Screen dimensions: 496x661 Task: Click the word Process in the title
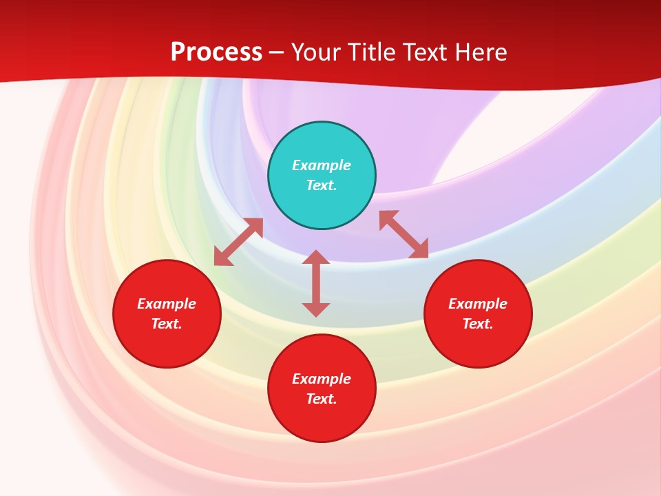tap(216, 52)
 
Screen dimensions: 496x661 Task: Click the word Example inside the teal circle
tap(322, 165)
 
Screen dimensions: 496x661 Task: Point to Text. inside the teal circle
tap(322, 185)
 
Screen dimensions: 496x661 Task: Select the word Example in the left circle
tap(167, 304)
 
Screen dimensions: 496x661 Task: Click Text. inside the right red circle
tap(478, 324)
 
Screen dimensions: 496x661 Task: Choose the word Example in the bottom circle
tap(322, 379)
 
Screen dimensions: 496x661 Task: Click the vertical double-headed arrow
tap(316, 283)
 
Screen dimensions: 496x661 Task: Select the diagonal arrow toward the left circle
tap(238, 242)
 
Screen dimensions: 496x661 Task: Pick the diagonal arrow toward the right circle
tap(403, 234)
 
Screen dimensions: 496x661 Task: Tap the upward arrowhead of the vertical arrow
tap(316, 256)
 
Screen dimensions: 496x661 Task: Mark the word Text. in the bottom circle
tap(322, 399)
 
